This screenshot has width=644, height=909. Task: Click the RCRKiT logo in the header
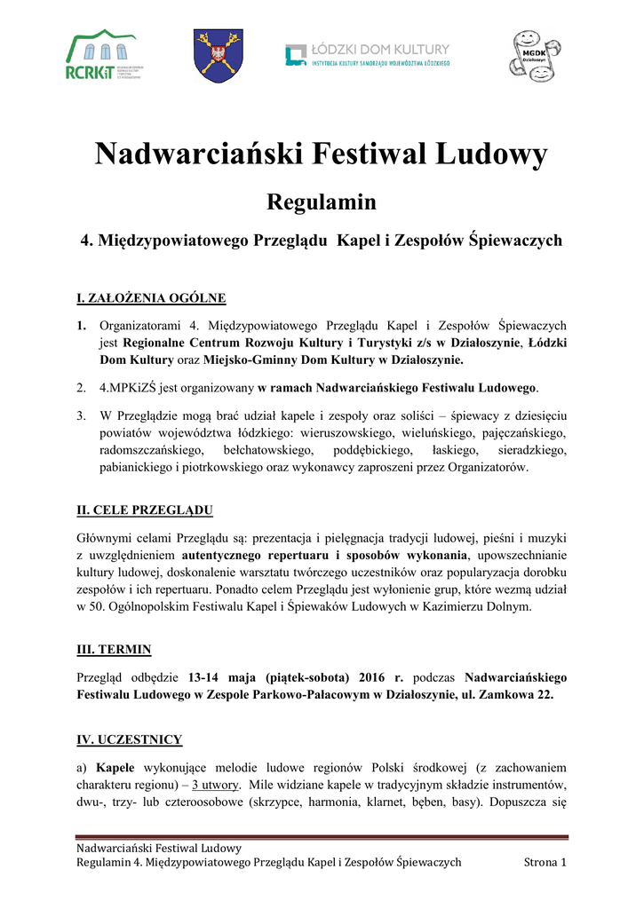coord(102,55)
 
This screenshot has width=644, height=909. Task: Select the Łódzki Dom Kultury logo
coord(368,55)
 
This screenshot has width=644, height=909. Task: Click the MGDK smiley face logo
coord(534,54)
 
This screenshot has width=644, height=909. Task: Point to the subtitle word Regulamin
coord(322,202)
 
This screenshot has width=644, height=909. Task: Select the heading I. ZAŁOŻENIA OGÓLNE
coord(151,297)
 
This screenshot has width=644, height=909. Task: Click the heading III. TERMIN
coord(115,649)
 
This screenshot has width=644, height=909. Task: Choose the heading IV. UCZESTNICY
coord(130,739)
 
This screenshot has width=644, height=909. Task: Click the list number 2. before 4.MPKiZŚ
coord(81,388)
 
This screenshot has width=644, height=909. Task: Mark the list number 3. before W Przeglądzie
coord(81,415)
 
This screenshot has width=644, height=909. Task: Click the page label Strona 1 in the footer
coord(545,862)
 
